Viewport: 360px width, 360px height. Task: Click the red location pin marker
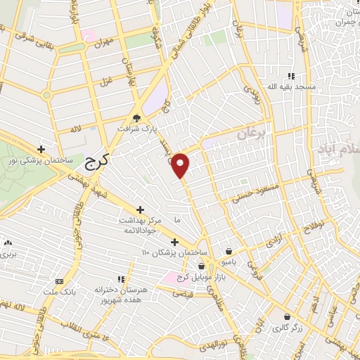click(x=181, y=165)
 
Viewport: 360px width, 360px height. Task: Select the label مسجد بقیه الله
click(x=290, y=86)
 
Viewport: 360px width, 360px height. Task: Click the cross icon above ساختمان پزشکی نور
click(x=41, y=149)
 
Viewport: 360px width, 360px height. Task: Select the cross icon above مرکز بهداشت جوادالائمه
click(x=140, y=210)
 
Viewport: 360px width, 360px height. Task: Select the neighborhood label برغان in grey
click(x=249, y=134)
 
